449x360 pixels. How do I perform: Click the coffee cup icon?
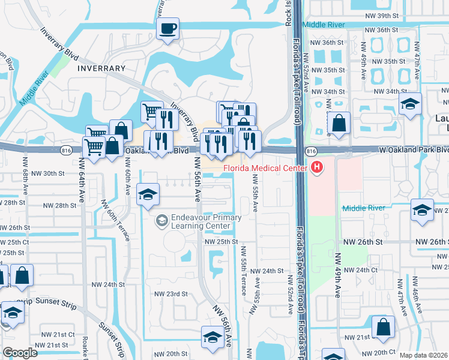(x=167, y=28)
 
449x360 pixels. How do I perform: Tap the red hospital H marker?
(x=316, y=167)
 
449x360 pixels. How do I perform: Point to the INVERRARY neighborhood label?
(x=101, y=68)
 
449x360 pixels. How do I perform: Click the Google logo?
(x=20, y=353)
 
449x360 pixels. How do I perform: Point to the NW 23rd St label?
(x=171, y=294)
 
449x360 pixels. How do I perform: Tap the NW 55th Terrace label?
(x=243, y=271)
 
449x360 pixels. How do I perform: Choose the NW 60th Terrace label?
(x=116, y=221)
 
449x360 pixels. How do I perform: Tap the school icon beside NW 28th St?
(x=148, y=194)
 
